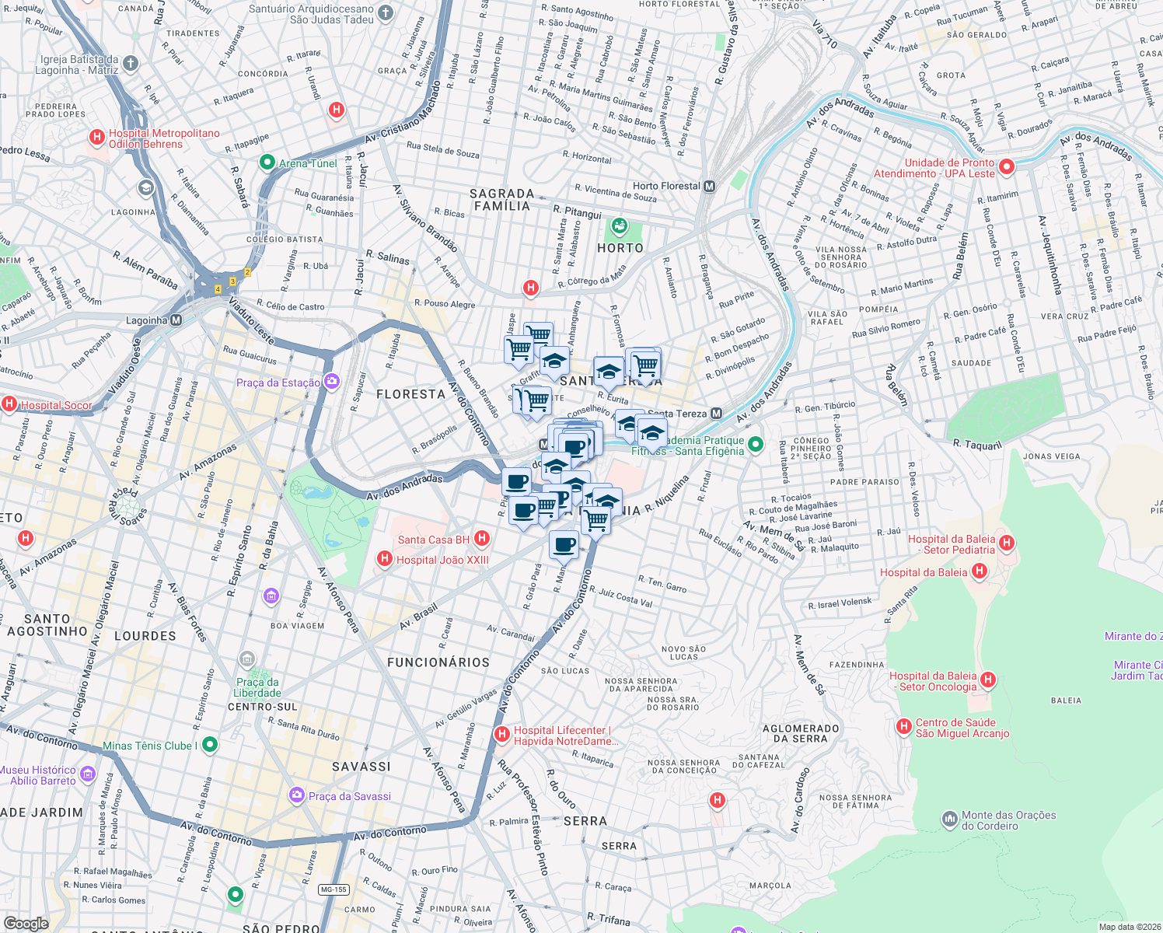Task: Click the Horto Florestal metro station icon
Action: coord(709,187)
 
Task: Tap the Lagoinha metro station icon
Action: coord(176,320)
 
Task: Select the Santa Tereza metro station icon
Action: coord(716,414)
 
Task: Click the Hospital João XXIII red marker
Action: coord(383,559)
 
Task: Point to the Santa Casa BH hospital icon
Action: coord(482,539)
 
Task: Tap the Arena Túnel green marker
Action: coord(267,163)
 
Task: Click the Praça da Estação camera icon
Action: coord(332,382)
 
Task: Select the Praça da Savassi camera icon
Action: coord(296,795)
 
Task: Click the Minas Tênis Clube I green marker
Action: coord(210,746)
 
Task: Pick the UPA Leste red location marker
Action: coord(1007,167)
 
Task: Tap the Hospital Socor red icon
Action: coord(9,404)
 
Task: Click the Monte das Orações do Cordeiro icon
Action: coord(949,819)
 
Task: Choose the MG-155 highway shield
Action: coord(334,889)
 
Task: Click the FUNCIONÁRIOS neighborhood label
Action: coord(438,662)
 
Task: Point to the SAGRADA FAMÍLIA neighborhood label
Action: coord(502,200)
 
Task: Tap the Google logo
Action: coord(26,924)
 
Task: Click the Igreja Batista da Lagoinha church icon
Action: coord(130,64)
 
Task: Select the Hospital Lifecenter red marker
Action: coord(502,734)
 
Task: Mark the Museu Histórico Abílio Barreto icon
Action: coord(87,774)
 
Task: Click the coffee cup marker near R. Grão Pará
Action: coord(564,545)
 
